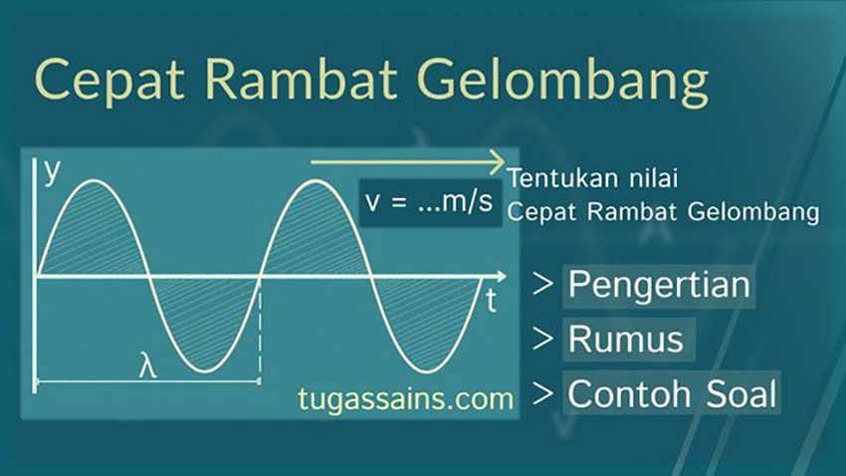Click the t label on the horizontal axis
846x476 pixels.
(492, 302)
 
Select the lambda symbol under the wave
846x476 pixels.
(147, 365)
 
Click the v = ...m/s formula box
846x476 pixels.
(429, 202)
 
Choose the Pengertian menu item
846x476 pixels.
(658, 285)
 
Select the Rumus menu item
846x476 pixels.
(626, 339)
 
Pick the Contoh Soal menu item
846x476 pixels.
(672, 393)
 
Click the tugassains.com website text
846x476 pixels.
(406, 399)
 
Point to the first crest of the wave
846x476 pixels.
(93, 181)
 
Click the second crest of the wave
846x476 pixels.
(317, 181)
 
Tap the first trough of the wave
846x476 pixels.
(204, 371)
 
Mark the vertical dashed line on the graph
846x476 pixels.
(260, 329)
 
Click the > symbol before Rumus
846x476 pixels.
(543, 339)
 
